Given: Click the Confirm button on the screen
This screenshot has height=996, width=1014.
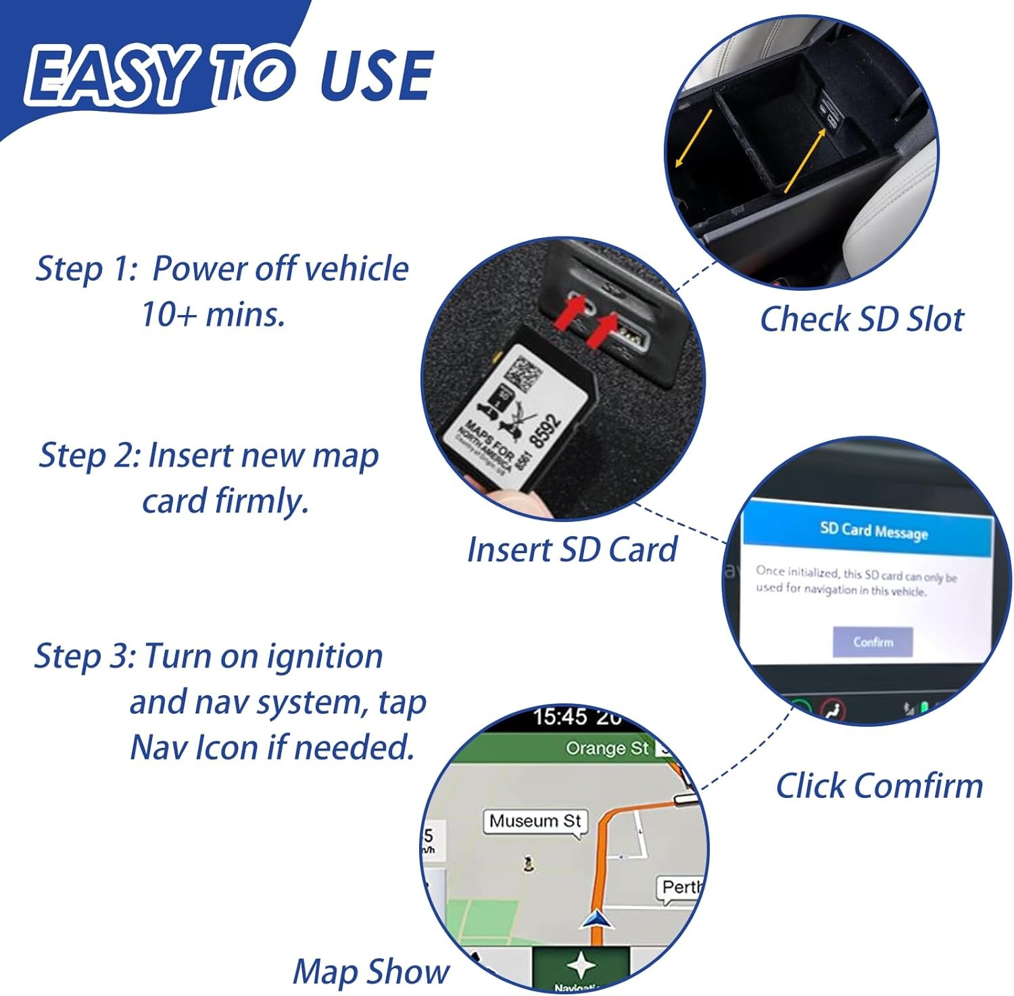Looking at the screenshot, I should [x=873, y=642].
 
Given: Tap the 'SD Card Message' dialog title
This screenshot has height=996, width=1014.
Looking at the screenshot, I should [x=873, y=531].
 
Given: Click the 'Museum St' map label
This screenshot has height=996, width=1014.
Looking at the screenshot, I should [x=535, y=821].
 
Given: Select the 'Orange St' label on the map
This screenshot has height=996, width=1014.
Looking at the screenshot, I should [x=606, y=749].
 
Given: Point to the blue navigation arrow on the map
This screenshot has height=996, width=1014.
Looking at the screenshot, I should [x=598, y=919].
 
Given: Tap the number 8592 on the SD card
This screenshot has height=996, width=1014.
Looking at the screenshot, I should [x=546, y=430].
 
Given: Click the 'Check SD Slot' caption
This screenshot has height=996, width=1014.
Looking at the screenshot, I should [x=861, y=319].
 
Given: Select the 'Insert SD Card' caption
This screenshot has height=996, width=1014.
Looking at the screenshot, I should [x=572, y=549].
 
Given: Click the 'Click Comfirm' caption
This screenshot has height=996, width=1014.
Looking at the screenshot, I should [x=879, y=786].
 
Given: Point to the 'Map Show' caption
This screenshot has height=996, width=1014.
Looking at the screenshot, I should [x=370, y=972].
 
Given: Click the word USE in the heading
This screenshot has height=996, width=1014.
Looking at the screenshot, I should [x=376, y=76].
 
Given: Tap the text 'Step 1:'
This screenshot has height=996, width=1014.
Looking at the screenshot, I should [x=86, y=268].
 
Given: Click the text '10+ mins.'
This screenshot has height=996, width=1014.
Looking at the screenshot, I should [x=213, y=314].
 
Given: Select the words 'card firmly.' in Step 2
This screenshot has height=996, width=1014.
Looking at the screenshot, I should [x=225, y=501].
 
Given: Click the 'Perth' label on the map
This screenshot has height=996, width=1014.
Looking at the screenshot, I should [x=681, y=886].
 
